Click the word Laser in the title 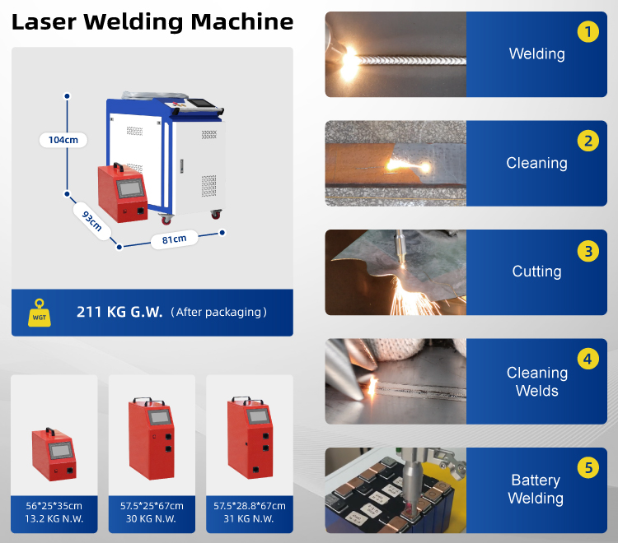coord(44,22)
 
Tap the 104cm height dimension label coord(63,140)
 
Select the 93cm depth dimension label coord(91,220)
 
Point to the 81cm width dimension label coord(174,239)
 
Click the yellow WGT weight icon coord(40,313)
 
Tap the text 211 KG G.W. coord(119,312)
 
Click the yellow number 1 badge coord(588,31)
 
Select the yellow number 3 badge coord(588,251)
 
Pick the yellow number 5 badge coord(588,467)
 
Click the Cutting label coord(536,271)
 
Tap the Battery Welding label coord(536,489)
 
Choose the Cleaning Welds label coord(537,382)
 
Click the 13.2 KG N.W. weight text coord(54,518)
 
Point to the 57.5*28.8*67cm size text coord(250,506)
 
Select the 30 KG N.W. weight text coord(151,518)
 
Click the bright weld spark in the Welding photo coord(349,63)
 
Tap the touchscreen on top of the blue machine coord(201,103)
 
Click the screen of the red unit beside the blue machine coord(129,188)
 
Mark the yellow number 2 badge coord(588,141)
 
